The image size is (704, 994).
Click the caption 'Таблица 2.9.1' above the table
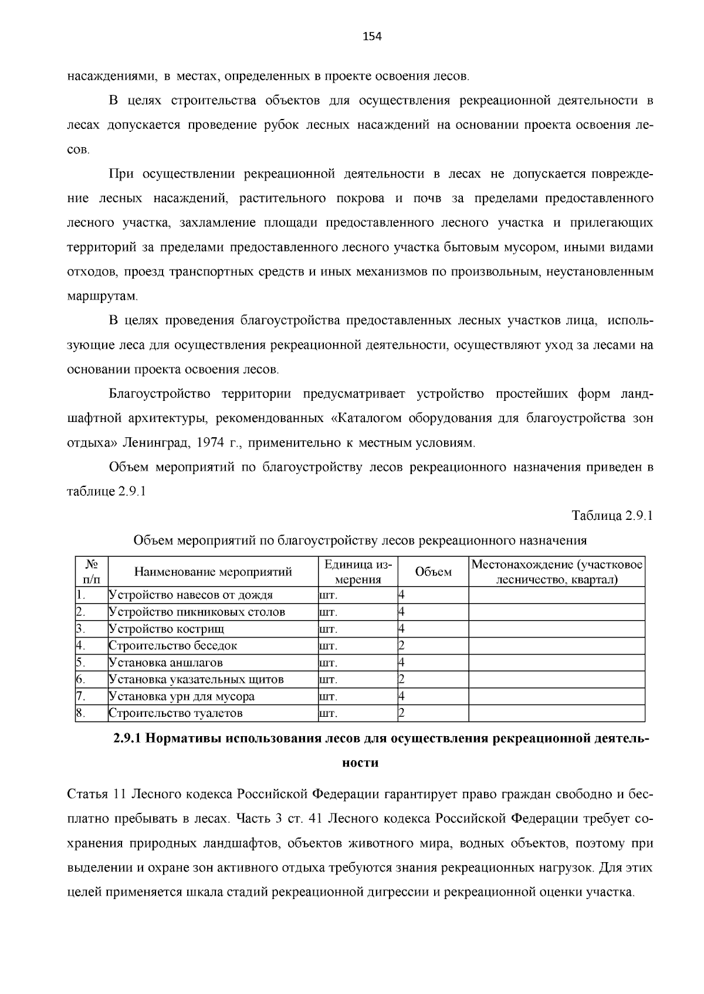612,516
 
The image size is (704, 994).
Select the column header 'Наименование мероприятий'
213,572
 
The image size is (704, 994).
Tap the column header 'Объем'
433,572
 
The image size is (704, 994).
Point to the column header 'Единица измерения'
358,572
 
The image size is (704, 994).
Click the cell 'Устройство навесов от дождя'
191,595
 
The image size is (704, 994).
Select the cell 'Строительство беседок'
173,646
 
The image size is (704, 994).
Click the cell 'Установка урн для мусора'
182,697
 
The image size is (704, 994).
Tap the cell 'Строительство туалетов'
175,713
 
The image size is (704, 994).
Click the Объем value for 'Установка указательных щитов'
402,680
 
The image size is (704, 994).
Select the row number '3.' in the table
81,629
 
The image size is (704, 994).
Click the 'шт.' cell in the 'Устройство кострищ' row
328,629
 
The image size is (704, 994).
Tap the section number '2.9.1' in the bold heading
127,738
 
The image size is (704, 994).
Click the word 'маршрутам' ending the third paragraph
101,297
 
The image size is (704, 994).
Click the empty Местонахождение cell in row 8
556,713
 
